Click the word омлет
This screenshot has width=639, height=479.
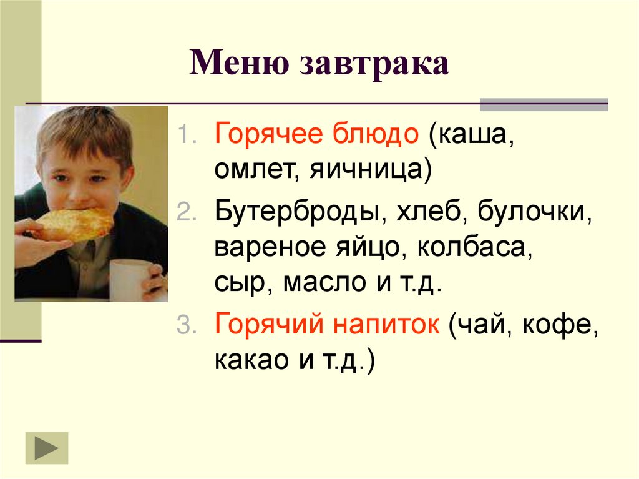(x=250, y=170)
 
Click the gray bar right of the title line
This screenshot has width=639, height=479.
(x=543, y=104)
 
